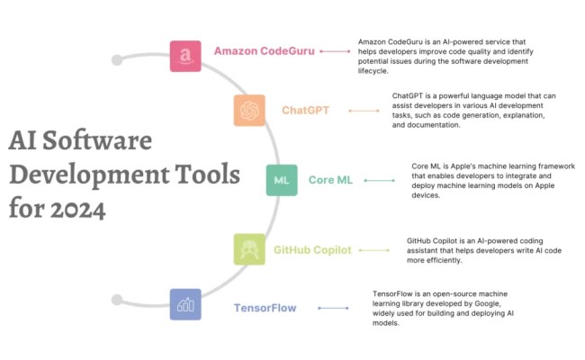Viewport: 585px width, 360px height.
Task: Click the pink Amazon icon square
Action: point(185,56)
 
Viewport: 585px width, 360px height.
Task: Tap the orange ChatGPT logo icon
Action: point(248,111)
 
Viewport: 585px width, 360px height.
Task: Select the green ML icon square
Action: point(281,180)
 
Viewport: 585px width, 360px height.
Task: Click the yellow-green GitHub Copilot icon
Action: point(248,249)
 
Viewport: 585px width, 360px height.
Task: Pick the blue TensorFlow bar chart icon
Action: point(185,304)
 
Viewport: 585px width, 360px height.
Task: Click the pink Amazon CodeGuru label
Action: point(264,51)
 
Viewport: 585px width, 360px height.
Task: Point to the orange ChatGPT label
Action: point(305,111)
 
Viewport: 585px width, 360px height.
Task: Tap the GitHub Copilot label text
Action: point(312,249)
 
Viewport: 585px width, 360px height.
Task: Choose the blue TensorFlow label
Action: point(265,308)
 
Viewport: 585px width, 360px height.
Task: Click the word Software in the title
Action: point(99,142)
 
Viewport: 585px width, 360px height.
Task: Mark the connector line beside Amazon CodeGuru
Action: point(334,51)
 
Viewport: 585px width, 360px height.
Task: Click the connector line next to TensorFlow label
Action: point(334,308)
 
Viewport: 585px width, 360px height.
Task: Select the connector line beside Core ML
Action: point(378,180)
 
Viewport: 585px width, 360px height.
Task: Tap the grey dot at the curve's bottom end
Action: point(115,298)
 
